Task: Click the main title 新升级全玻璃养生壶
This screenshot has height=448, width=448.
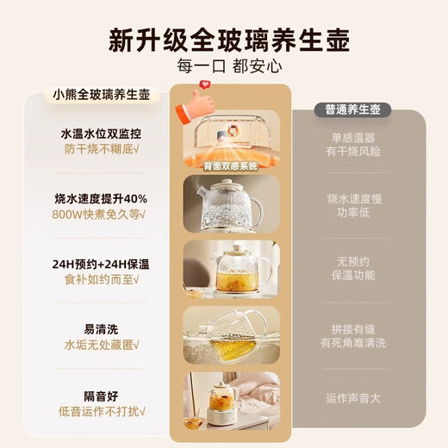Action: click(224, 40)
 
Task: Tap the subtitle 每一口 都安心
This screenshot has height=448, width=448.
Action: click(224, 66)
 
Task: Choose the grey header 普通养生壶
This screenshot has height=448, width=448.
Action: click(358, 110)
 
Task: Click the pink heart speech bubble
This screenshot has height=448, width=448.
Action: click(206, 87)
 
